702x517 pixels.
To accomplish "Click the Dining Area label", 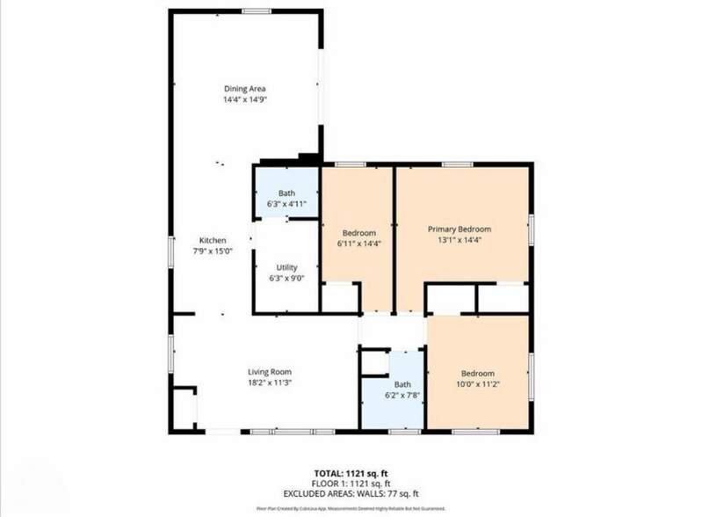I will [244, 89].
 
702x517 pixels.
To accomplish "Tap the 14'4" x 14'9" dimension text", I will [244, 100].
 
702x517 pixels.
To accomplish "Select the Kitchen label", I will [213, 240].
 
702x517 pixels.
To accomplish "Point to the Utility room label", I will [286, 267].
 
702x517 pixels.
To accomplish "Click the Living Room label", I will [269, 371].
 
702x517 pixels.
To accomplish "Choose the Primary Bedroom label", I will [460, 229].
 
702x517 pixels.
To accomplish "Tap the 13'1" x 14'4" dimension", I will [460, 239].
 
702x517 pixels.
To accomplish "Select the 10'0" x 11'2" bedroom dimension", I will [478, 384].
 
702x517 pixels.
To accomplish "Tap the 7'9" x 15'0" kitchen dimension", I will [213, 251].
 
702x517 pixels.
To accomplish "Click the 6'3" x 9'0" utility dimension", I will [286, 279].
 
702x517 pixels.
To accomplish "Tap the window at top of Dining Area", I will [256, 11].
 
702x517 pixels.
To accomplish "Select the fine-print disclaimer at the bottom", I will [351, 508].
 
